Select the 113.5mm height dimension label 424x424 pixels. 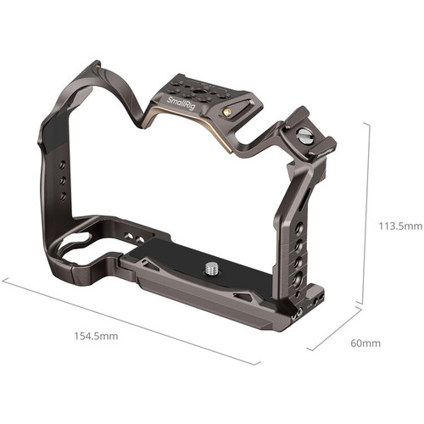click(x=399, y=226)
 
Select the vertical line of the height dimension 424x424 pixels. click(x=367, y=212)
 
